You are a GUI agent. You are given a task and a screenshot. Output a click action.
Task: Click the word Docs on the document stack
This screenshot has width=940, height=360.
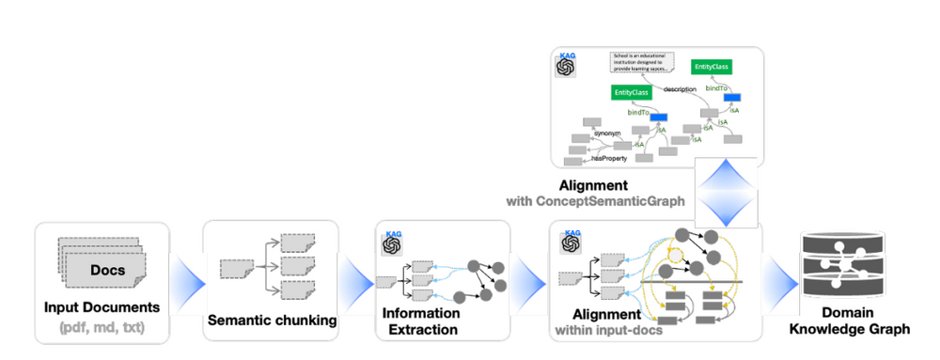coord(102,270)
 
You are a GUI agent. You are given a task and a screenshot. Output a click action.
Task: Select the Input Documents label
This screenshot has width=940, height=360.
coord(102,307)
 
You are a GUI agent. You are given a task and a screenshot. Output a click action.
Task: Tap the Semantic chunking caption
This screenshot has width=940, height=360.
coord(271,321)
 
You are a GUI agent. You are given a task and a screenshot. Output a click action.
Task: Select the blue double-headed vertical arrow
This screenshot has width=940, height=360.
coord(728,193)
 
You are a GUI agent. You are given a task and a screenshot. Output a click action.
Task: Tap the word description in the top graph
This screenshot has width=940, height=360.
coord(679,89)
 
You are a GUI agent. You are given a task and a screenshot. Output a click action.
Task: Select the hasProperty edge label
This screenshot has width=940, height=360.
coord(610,159)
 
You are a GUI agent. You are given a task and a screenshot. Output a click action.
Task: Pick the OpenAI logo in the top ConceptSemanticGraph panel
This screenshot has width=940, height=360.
coord(566,69)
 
